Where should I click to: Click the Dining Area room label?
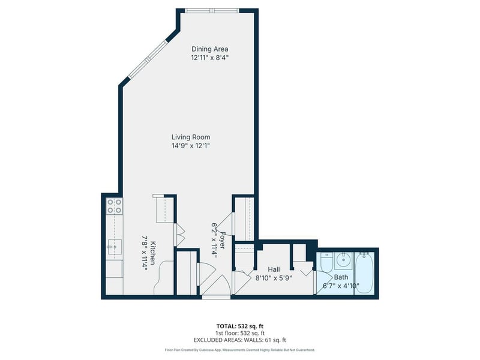tap(209, 49)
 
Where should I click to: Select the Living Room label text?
tap(191, 137)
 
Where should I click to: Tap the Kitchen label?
tap(154, 253)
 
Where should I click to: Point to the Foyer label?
tap(223, 240)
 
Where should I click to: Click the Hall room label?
tap(274, 269)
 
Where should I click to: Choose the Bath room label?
tap(341, 277)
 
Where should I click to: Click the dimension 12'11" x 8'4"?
tap(210, 58)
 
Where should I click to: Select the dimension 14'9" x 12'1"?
tap(191, 146)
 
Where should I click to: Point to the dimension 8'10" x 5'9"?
tap(274, 278)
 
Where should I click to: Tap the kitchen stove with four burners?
tap(114, 206)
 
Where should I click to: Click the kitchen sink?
tap(114, 247)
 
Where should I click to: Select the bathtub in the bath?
tap(364, 273)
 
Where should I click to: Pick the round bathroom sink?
tap(344, 261)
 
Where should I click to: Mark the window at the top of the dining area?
tap(212, 11)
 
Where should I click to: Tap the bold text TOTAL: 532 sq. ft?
tap(239, 326)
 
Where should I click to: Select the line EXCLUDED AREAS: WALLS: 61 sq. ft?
tap(240, 340)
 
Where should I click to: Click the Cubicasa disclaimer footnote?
tap(239, 350)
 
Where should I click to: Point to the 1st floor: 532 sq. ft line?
tap(240, 333)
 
